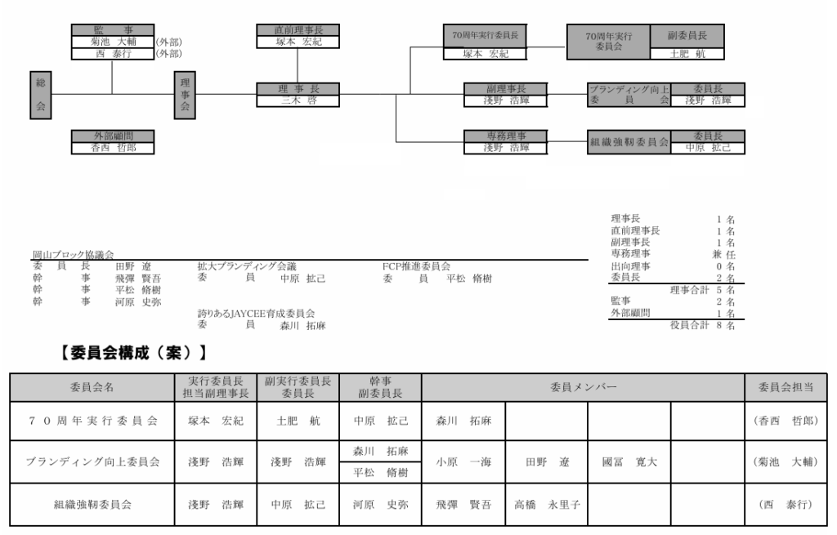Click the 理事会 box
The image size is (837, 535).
185,95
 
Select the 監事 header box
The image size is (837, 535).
112,30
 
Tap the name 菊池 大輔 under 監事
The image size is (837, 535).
112,42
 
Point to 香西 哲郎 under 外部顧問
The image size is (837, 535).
112,148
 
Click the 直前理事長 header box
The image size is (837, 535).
298,30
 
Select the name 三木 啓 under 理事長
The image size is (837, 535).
298,100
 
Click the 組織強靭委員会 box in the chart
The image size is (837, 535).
629,142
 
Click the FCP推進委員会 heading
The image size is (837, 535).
416,266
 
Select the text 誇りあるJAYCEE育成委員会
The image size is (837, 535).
256,313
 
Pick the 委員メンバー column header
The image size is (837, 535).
583,386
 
